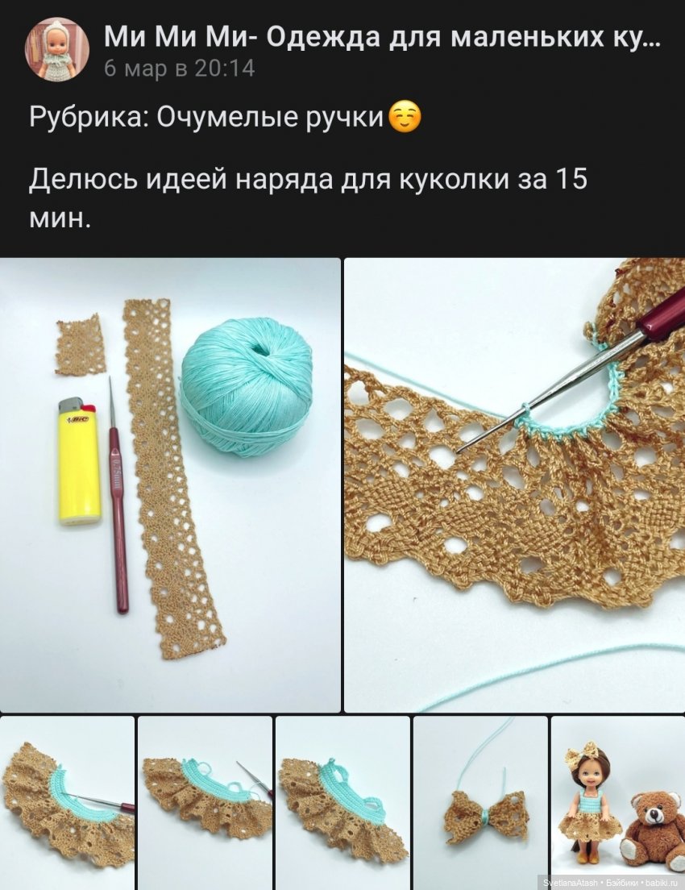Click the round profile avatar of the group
click(x=56, y=49)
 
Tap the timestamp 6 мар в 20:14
click(x=179, y=69)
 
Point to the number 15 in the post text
click(x=571, y=178)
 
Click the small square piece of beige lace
click(x=80, y=345)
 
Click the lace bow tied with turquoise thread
click(x=486, y=816)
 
